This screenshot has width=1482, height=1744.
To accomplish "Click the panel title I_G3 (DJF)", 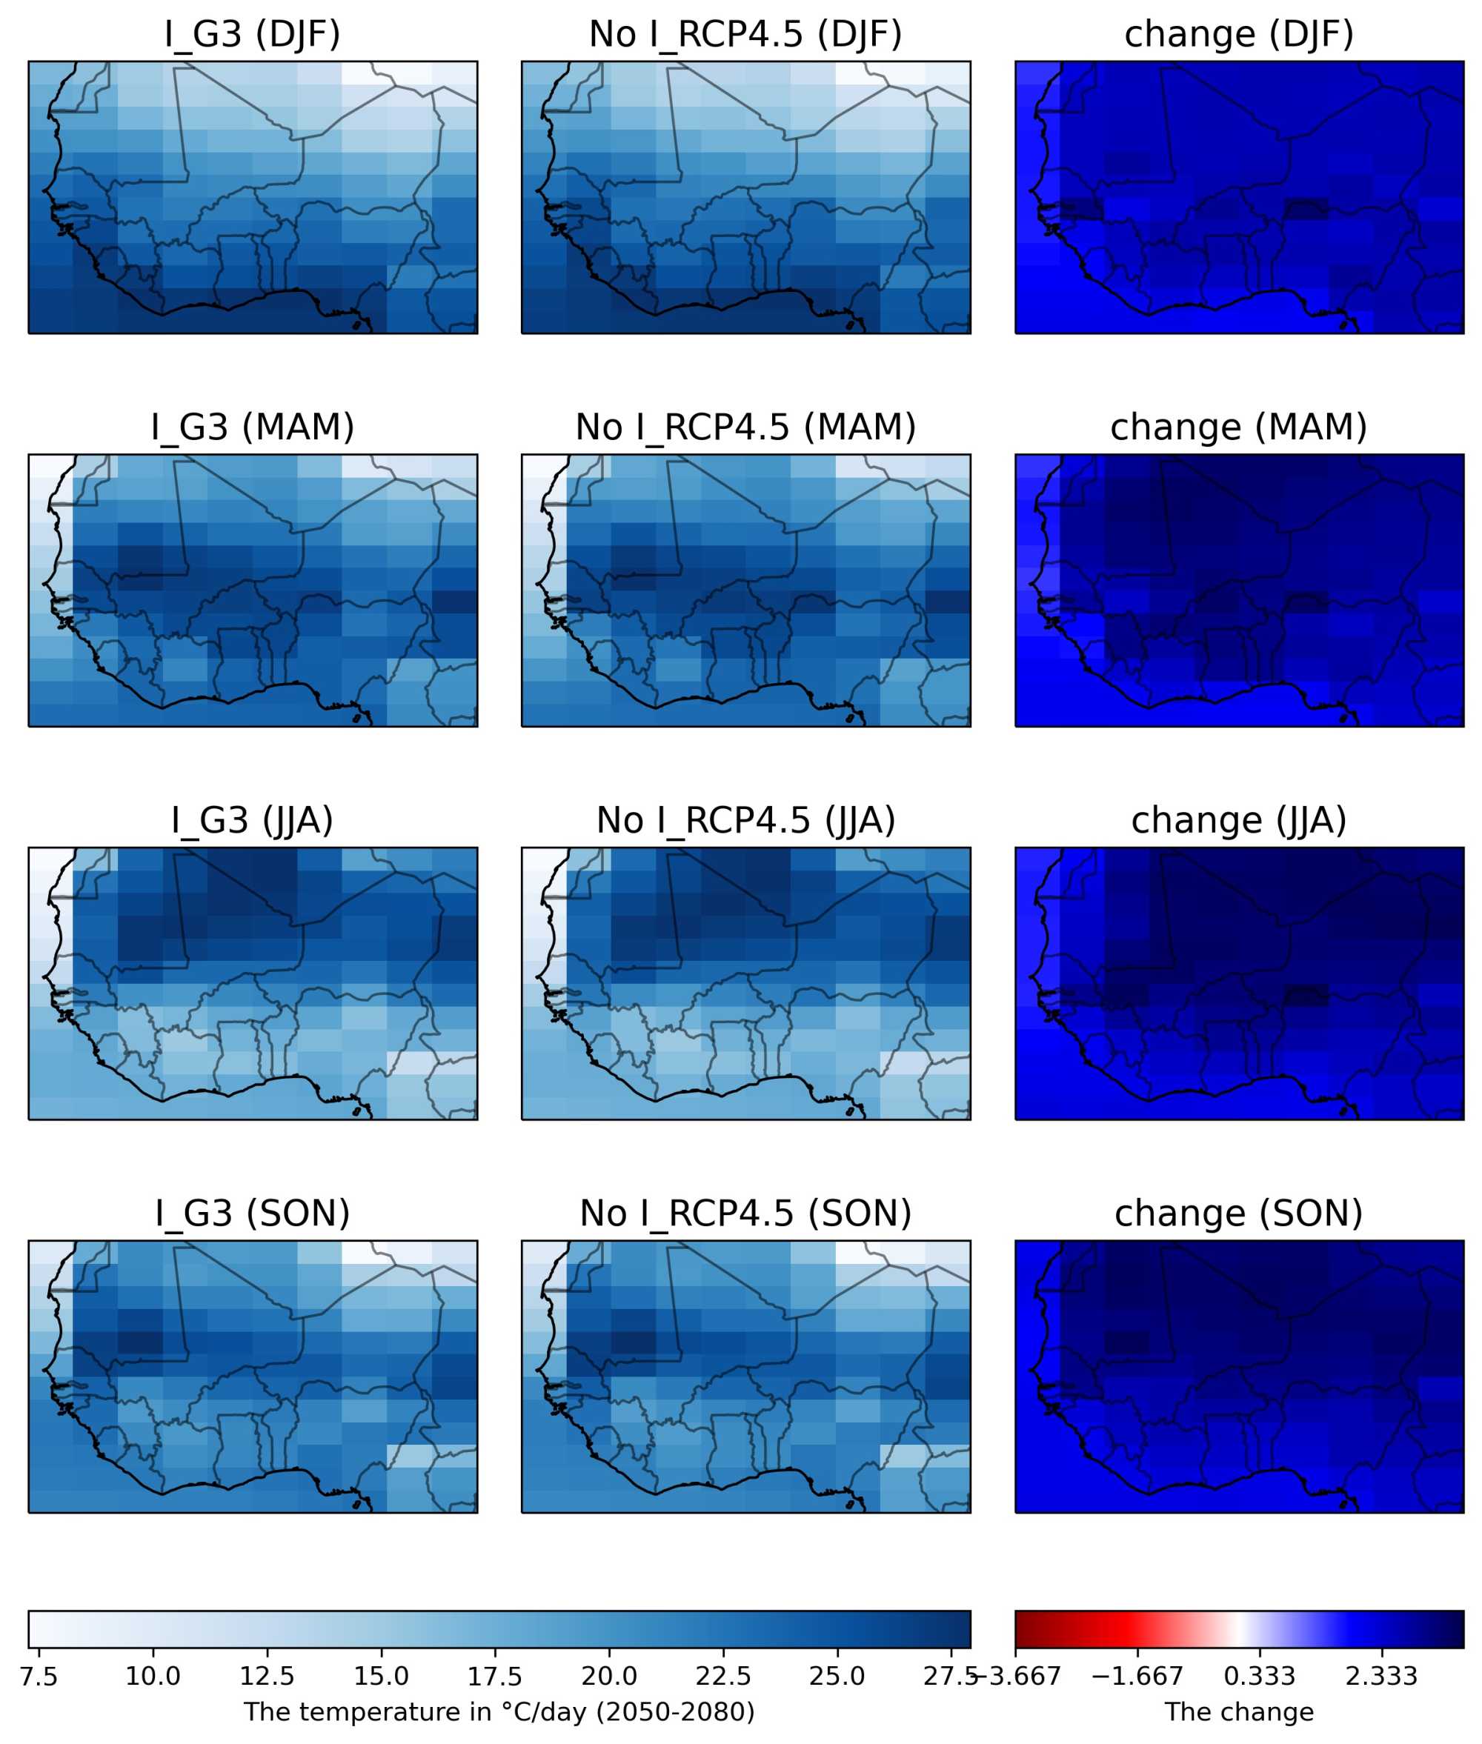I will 252,34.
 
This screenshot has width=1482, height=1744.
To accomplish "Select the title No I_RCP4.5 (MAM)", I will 745,427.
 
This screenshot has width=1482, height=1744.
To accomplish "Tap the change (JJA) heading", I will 1238,821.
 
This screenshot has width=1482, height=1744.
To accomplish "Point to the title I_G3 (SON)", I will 252,1214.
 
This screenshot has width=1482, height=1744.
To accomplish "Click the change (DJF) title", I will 1238,34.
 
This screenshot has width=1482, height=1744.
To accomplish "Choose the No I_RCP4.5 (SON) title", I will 745,1214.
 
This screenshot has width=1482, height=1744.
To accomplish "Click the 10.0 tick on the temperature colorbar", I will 152,1676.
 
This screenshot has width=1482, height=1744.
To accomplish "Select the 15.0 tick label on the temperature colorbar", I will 381,1676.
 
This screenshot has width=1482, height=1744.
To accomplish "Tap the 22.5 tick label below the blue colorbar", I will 722,1676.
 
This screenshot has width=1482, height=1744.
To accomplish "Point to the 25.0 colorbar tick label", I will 837,1676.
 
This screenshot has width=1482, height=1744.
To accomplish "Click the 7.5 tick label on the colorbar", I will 39,1676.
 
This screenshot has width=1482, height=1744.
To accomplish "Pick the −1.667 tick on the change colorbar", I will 1137,1676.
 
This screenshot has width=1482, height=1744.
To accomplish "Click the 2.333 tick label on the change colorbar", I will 1381,1676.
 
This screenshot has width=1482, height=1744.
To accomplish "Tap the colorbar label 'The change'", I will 1238,1712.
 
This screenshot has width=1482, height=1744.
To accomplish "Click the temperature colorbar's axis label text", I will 499,1712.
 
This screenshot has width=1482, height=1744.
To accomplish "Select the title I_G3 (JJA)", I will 252,821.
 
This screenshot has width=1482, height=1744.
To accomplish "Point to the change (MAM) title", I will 1238,427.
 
